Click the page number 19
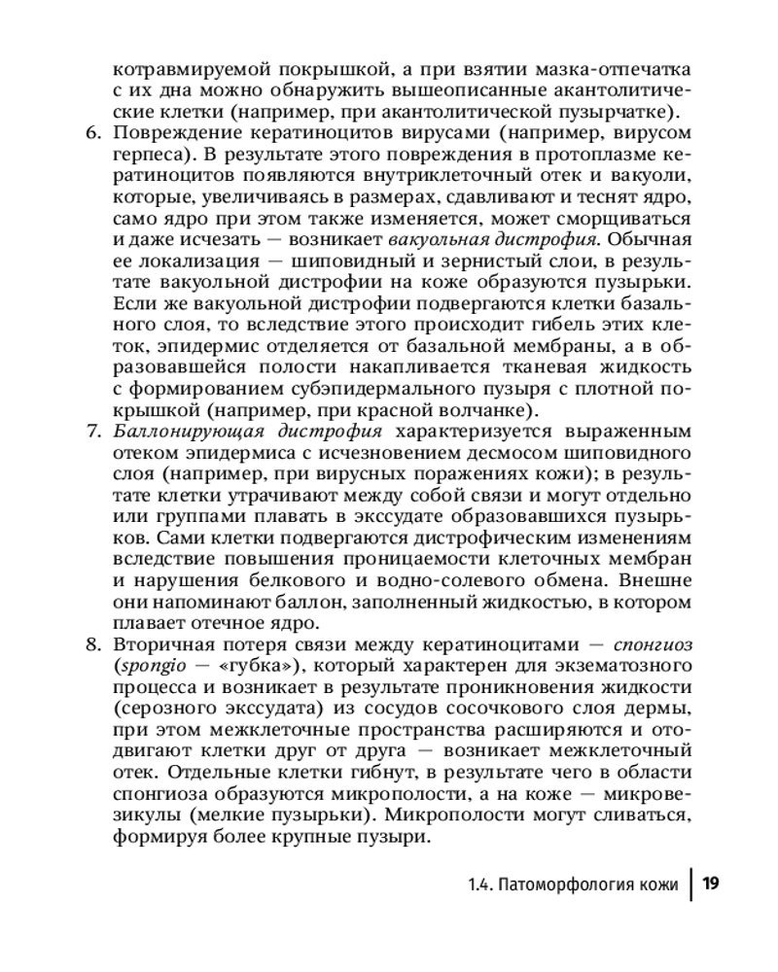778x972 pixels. point(710,883)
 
